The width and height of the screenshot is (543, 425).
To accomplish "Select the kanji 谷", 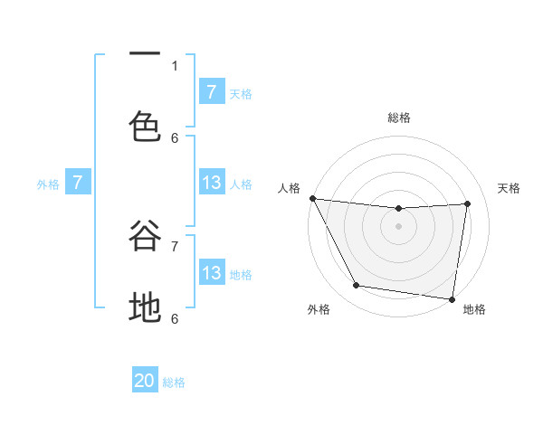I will (x=145, y=238).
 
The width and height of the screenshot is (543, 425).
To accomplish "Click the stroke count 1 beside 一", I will (x=175, y=65).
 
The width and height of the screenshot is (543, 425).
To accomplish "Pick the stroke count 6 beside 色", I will (x=175, y=137).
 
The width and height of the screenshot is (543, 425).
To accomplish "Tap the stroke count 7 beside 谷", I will (x=175, y=245).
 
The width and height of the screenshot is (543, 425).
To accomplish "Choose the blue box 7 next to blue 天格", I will (x=212, y=91).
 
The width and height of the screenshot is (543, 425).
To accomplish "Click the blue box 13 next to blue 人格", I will (x=212, y=183).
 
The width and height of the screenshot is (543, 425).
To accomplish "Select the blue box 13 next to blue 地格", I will (x=212, y=273).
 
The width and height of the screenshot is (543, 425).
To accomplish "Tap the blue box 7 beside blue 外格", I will (x=78, y=183).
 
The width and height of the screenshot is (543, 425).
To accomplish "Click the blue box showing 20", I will (x=145, y=381).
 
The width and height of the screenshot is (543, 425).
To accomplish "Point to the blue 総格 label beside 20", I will (x=175, y=382).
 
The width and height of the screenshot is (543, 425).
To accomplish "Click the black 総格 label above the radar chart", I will (x=399, y=118).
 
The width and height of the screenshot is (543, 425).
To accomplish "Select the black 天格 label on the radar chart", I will (x=509, y=188).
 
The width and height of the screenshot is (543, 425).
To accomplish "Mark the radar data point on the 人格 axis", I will (x=312, y=198).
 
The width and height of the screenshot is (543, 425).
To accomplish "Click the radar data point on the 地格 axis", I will (x=452, y=298).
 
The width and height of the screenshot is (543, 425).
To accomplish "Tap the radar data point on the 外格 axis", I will (x=356, y=286).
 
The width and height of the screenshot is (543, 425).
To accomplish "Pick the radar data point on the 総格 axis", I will (x=398, y=209).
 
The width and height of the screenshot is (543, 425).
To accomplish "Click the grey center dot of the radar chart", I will (x=398, y=226).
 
